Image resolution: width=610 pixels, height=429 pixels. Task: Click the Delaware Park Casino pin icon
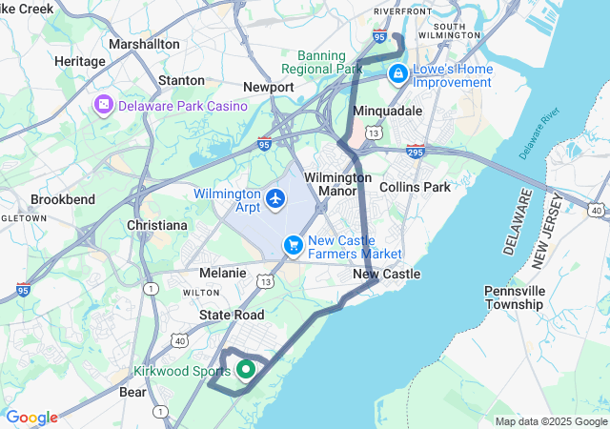click(x=103, y=105)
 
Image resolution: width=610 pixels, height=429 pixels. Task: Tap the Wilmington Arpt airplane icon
click(x=276, y=199)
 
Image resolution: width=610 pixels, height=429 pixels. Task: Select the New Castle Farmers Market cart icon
click(x=294, y=246)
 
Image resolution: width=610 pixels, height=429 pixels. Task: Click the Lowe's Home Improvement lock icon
click(x=397, y=73)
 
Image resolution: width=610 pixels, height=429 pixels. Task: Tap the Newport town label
click(x=268, y=87)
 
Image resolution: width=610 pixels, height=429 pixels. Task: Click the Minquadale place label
click(x=388, y=111)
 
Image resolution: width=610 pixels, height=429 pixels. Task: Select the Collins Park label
click(x=415, y=187)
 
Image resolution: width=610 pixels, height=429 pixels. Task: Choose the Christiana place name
click(x=156, y=225)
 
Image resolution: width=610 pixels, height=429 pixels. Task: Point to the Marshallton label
click(x=144, y=44)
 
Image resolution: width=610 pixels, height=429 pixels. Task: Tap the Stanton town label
click(x=181, y=81)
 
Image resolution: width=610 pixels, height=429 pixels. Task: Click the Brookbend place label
click(x=63, y=200)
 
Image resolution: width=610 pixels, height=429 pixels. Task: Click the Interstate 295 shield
click(x=415, y=151)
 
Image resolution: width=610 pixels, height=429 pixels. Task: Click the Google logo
click(x=31, y=418)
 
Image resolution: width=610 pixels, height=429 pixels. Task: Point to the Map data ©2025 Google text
click(x=551, y=421)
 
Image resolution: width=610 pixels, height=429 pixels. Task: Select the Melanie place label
click(x=223, y=273)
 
